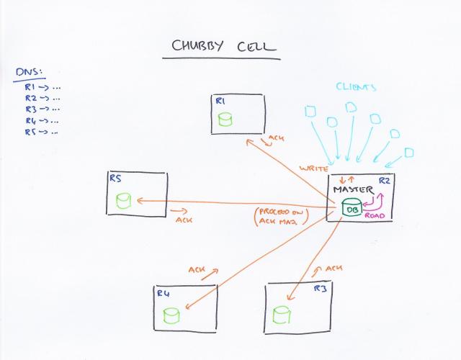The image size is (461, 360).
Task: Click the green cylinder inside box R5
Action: (123, 199)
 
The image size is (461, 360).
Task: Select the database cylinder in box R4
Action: (171, 315)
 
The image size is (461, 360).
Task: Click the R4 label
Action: (163, 294)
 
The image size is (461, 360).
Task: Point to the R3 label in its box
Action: (321, 289)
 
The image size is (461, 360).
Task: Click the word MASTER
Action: (352, 189)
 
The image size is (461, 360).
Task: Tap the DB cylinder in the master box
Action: (352, 209)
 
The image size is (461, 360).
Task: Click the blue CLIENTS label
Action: (356, 87)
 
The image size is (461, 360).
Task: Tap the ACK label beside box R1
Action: (276, 138)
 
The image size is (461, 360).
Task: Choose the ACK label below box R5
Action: (184, 220)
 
